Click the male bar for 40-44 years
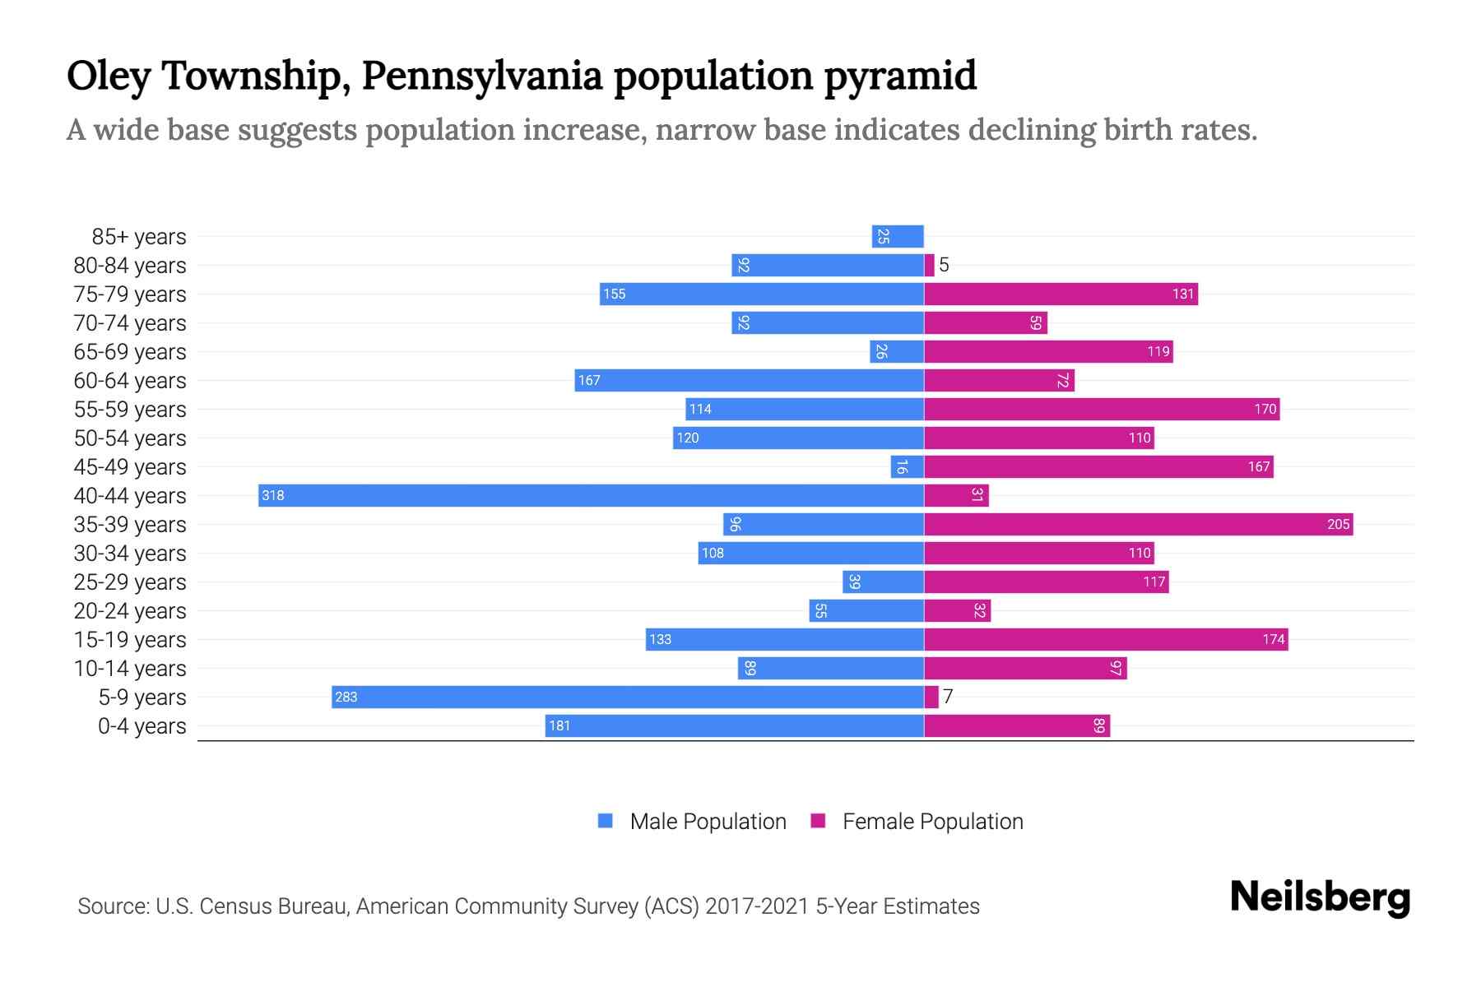click(591, 495)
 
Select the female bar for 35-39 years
click(1138, 524)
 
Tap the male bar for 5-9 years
click(627, 697)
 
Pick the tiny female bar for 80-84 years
click(929, 265)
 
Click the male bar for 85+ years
click(898, 236)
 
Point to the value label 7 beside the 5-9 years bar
click(948, 697)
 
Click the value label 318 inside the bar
click(272, 495)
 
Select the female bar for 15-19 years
click(1106, 639)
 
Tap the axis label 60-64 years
click(130, 381)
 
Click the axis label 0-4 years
click(142, 726)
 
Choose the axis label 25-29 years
click(130, 582)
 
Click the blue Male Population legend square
click(606, 821)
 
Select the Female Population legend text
click(932, 821)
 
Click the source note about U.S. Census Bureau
click(528, 906)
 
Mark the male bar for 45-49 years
click(907, 466)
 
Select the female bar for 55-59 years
click(1101, 409)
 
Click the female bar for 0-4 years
click(1016, 725)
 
